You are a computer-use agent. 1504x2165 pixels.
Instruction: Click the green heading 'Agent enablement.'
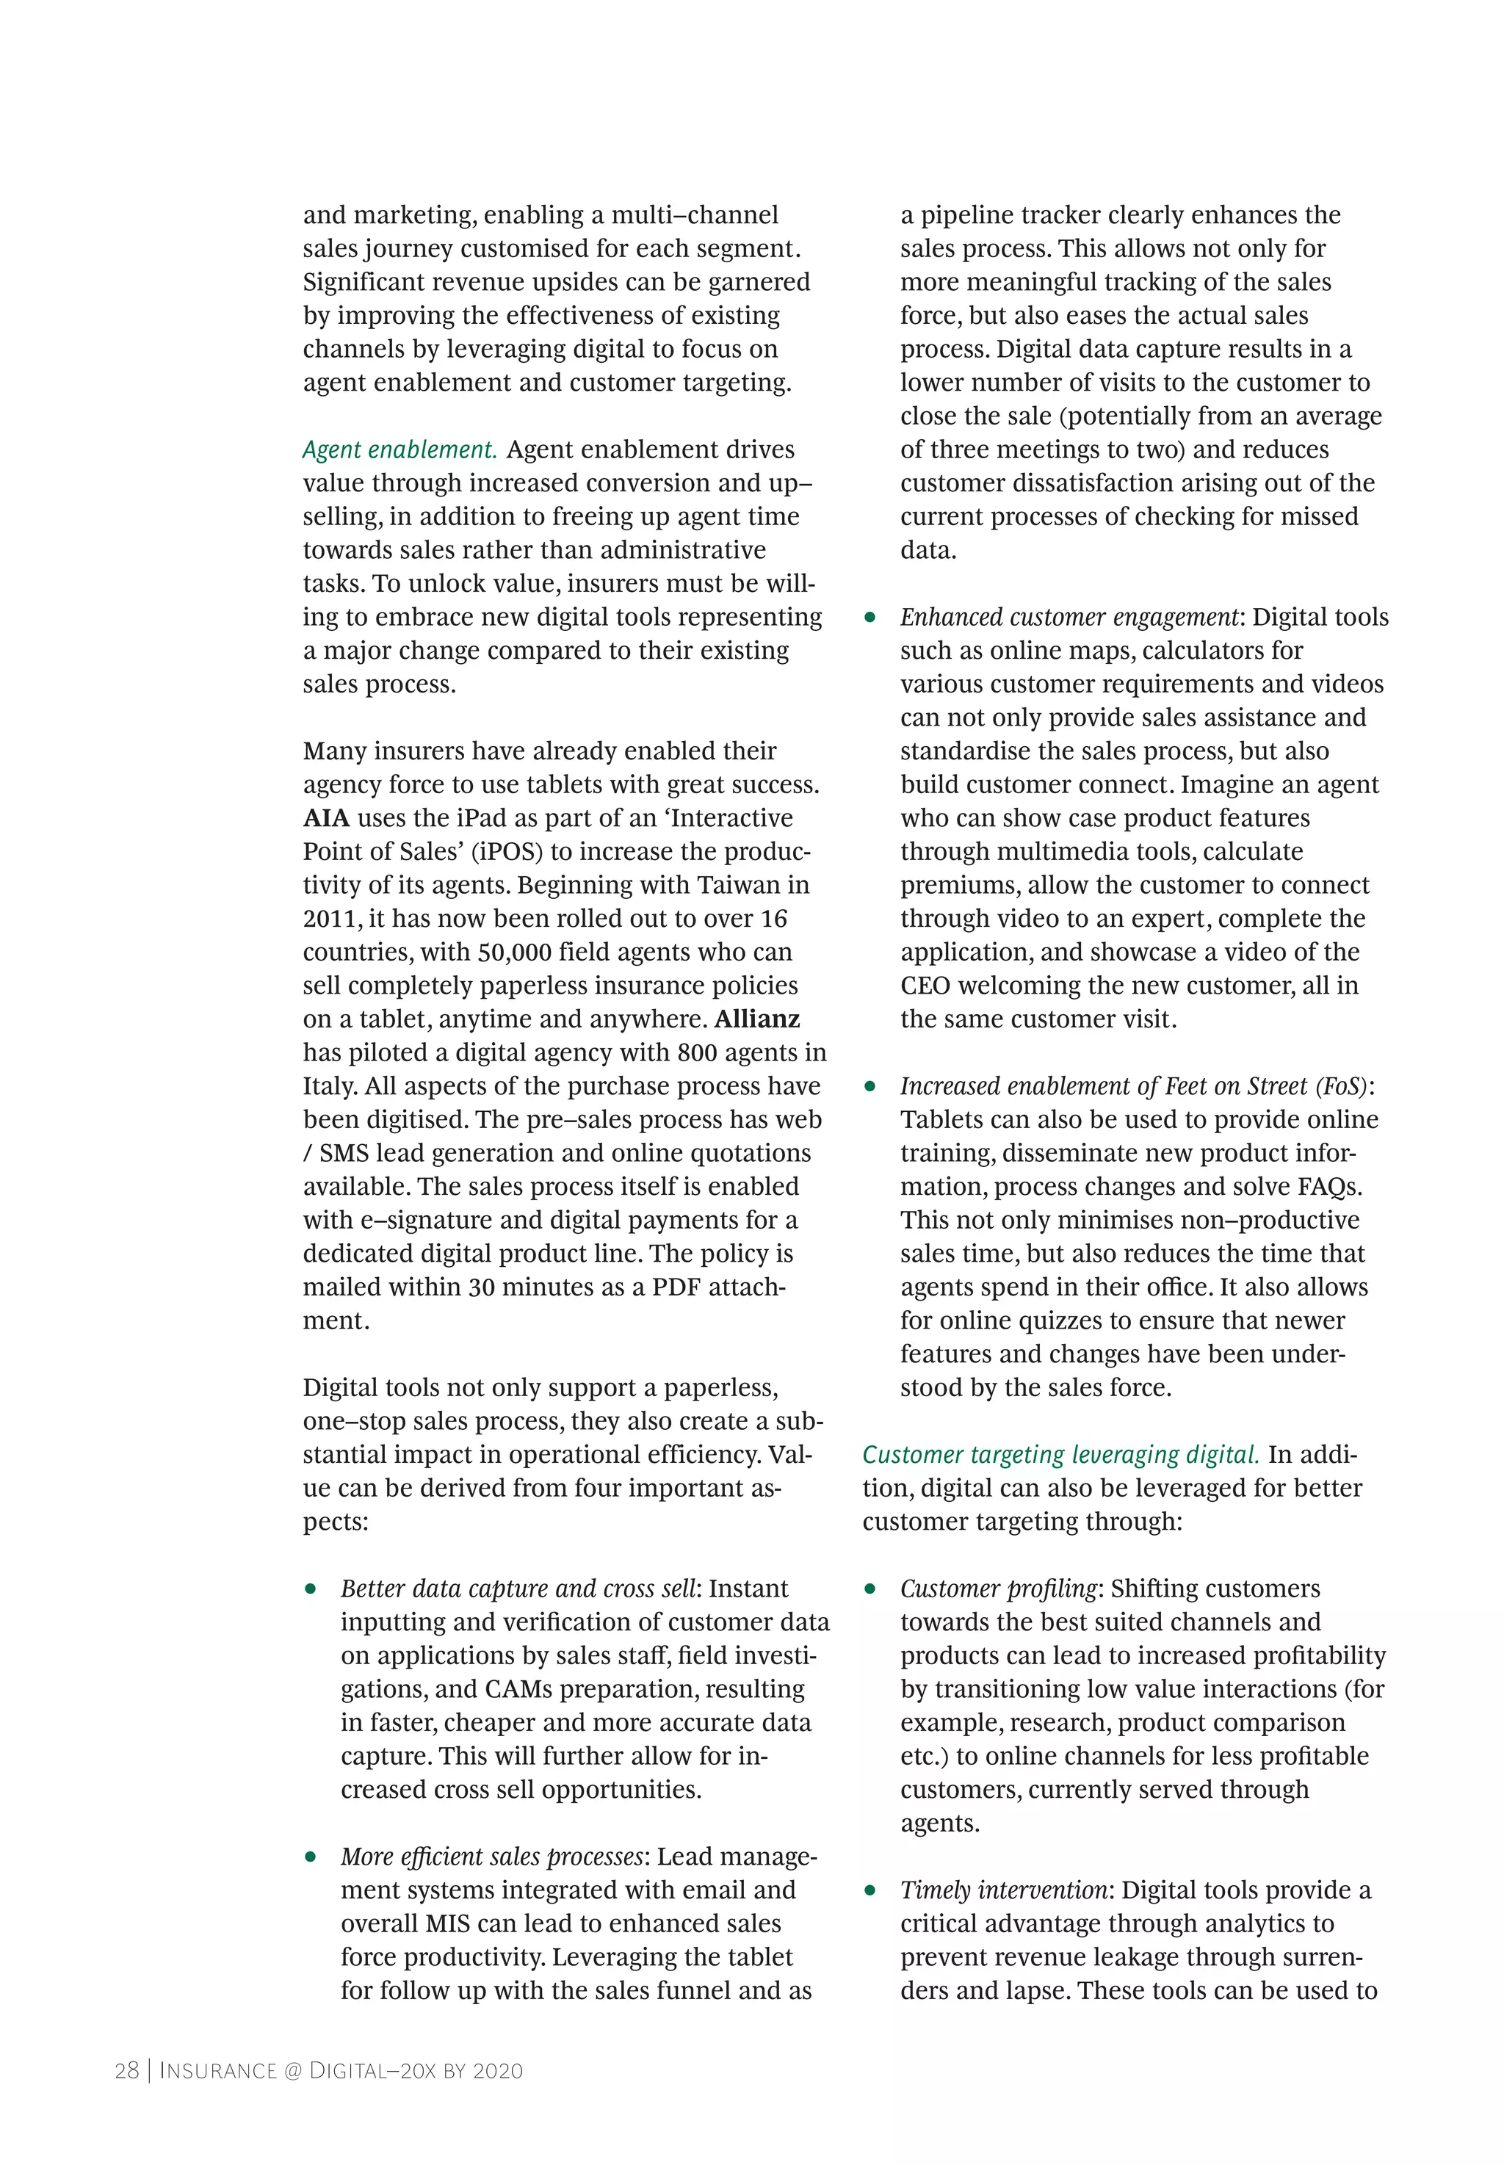[399, 449]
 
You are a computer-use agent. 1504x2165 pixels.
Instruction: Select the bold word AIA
[325, 818]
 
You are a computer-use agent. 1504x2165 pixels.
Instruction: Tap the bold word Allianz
[756, 1019]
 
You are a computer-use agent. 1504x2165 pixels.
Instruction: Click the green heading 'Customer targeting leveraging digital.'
[1060, 1455]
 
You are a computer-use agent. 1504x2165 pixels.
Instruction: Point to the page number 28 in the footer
[126, 2071]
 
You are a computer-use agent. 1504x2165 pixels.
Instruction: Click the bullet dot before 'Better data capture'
[310, 1589]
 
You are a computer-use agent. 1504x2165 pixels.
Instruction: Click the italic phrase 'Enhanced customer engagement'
[1069, 617]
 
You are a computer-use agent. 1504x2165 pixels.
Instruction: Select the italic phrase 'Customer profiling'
[998, 1588]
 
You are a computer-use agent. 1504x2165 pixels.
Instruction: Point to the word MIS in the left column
[449, 1924]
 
